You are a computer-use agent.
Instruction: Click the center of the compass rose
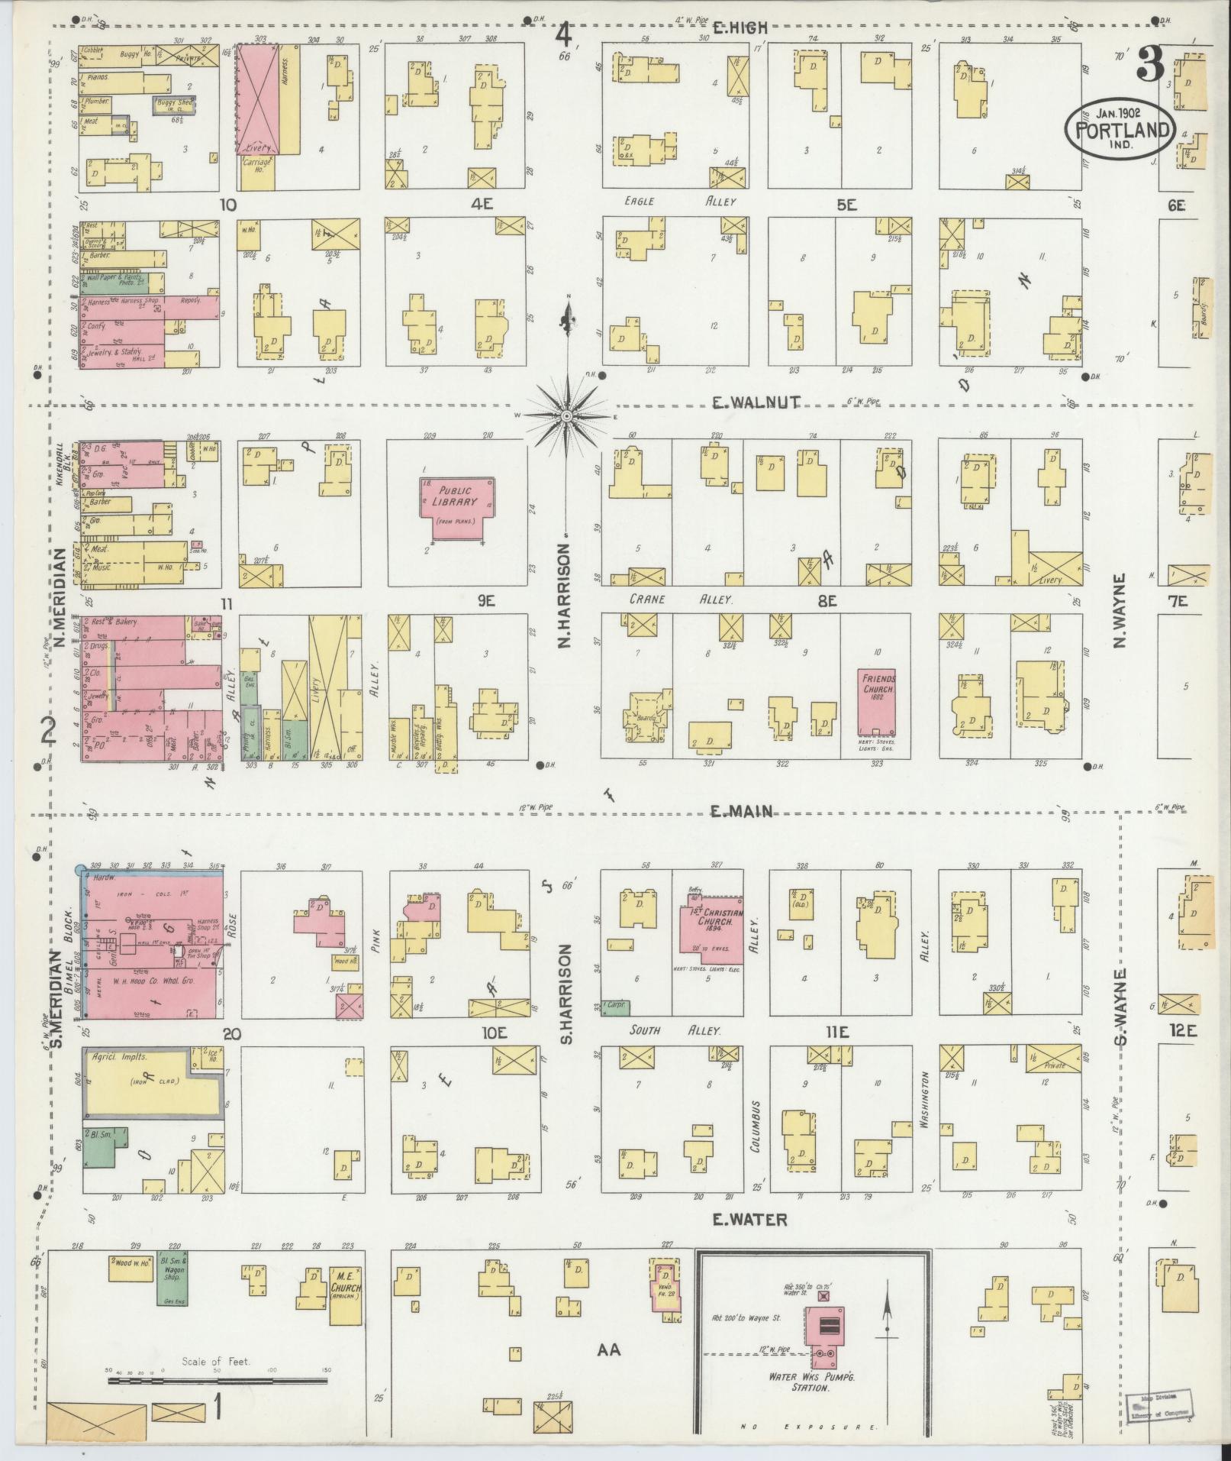[567, 416]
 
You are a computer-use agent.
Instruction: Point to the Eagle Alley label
[679, 202]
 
